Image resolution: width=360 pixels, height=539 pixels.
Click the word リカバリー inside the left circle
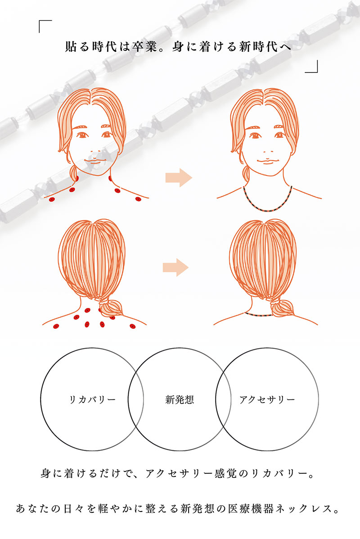click(92, 400)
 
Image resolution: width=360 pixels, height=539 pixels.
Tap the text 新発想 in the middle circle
click(180, 399)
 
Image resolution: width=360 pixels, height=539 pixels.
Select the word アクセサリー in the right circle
click(267, 400)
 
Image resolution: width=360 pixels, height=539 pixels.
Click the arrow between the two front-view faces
click(179, 178)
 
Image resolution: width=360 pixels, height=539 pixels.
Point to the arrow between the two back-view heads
click(175, 267)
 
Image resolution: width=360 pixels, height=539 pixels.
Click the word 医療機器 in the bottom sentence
click(251, 508)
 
